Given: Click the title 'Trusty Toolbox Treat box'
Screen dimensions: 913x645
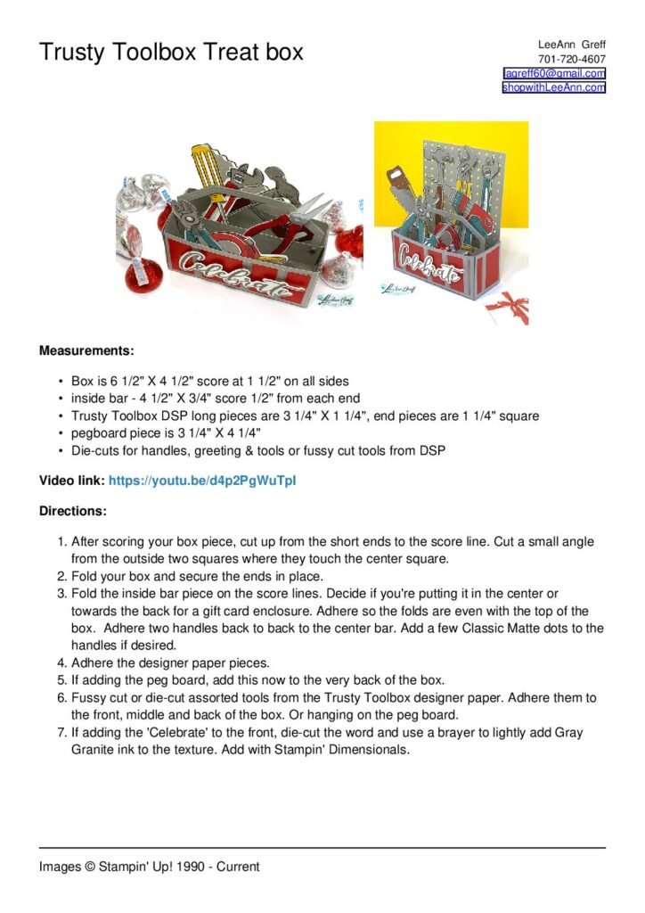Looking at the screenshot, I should [x=170, y=52].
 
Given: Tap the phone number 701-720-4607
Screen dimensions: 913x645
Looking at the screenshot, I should [x=571, y=59].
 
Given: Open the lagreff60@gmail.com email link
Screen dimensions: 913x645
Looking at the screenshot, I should [x=554, y=73].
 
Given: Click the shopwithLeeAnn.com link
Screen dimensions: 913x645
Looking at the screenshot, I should [x=553, y=87].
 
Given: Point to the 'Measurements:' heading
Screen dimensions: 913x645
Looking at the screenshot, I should [x=86, y=350].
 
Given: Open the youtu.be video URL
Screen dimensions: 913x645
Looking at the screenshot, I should [x=202, y=481].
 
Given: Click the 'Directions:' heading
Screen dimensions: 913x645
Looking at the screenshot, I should [x=73, y=512].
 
